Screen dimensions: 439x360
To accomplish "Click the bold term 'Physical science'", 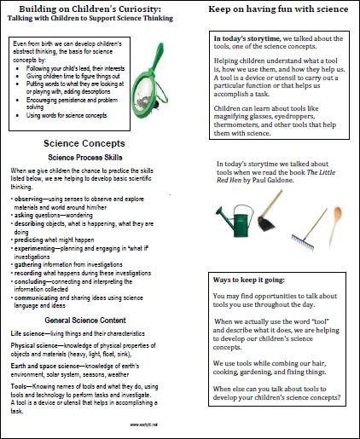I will click(x=38, y=346).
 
